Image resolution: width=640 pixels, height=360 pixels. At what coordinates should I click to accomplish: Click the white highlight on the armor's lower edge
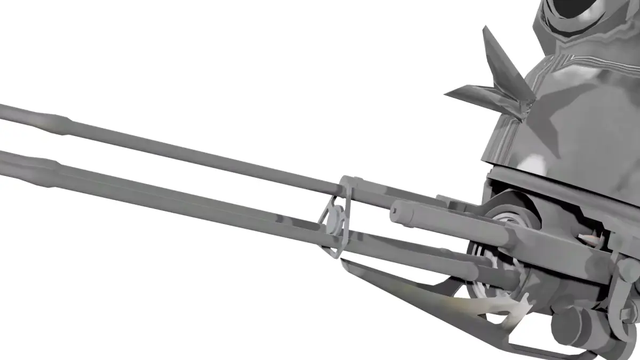(x=533, y=163)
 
